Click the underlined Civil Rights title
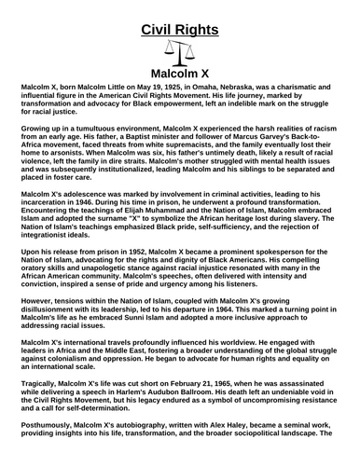tap(180, 30)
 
